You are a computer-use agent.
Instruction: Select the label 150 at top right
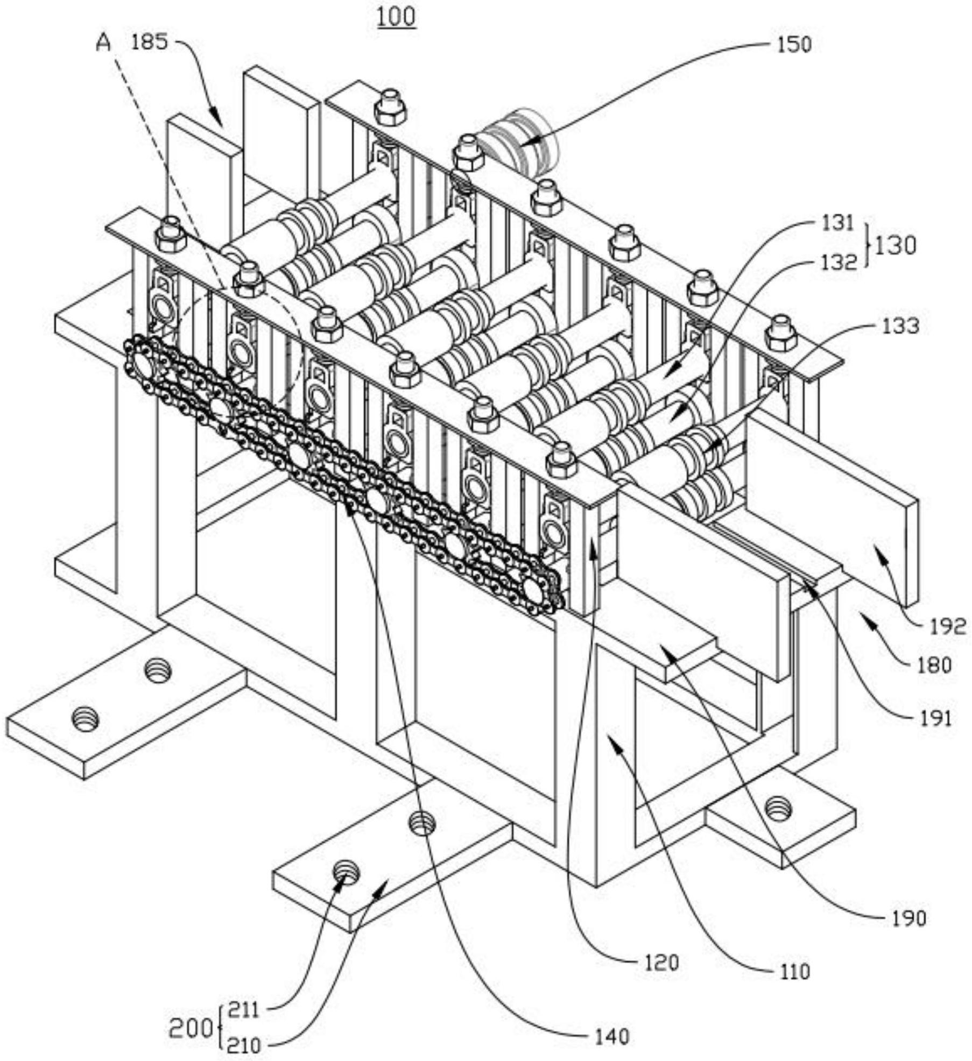(x=794, y=45)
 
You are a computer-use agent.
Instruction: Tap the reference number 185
(x=150, y=41)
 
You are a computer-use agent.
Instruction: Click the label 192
(x=948, y=626)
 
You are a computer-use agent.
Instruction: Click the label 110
(x=794, y=972)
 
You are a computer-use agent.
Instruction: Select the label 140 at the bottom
(x=611, y=1036)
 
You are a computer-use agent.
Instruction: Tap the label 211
(x=244, y=1010)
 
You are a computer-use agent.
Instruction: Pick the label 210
(x=244, y=1046)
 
